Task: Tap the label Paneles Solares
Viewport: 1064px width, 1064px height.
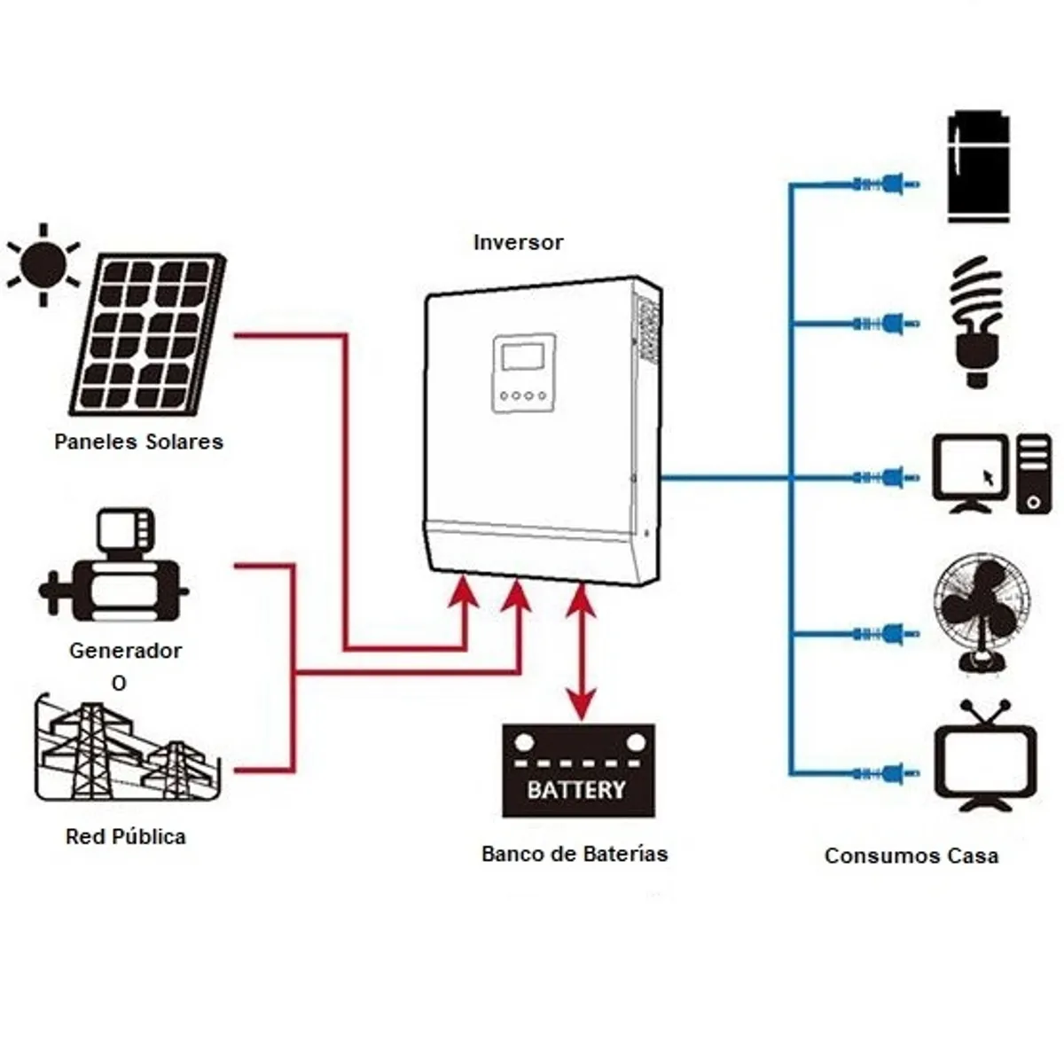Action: [x=138, y=442]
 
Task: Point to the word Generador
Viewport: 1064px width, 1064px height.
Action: [x=125, y=650]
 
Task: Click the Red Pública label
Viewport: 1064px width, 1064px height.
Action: [x=126, y=836]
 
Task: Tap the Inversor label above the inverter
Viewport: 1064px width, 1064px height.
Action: [x=518, y=242]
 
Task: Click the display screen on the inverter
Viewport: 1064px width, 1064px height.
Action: [x=523, y=356]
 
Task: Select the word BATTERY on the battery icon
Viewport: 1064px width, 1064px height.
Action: [x=577, y=788]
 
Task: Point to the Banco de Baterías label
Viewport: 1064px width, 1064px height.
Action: [x=575, y=854]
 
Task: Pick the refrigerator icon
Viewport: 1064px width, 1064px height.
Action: [x=978, y=167]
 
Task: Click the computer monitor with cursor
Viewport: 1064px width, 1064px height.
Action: [x=971, y=473]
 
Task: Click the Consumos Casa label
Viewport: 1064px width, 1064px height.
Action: [x=911, y=856]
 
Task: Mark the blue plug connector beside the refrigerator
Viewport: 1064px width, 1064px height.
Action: [x=887, y=184]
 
